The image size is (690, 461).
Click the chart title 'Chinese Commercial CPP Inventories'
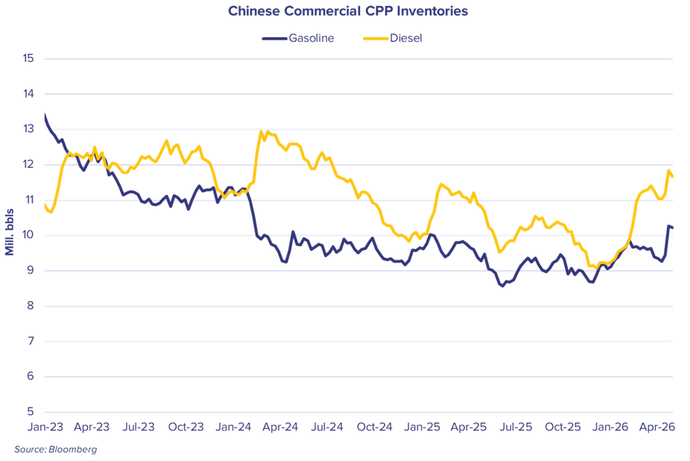348,11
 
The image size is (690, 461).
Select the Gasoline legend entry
298,38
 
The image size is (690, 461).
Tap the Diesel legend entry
393,38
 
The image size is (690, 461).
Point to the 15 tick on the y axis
28,58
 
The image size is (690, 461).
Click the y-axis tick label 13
28,129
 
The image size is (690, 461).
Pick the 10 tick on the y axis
28,235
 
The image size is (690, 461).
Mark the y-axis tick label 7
30,341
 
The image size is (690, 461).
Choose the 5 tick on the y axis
30,412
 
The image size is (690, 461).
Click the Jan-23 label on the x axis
45,427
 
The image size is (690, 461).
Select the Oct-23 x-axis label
186,427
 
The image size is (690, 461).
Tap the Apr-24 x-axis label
280,427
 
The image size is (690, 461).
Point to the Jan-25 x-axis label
422,427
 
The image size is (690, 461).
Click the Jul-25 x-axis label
516,427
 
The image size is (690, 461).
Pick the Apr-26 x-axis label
657,427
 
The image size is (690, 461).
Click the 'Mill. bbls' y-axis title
10,232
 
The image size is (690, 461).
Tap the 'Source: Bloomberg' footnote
55,450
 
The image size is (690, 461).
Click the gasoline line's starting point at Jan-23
45,115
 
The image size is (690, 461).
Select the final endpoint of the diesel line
672,177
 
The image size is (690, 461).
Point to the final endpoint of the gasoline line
672,228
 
